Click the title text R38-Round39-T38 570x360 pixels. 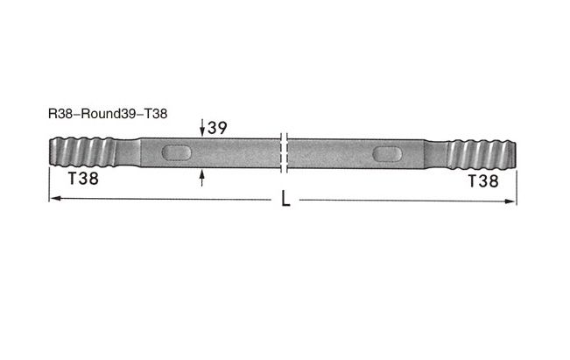108,114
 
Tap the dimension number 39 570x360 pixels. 217,128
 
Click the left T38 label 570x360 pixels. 83,179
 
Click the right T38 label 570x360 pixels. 483,181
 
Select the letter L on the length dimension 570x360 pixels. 285,199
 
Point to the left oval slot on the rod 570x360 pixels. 176,152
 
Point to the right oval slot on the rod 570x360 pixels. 387,154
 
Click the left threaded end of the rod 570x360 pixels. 82,152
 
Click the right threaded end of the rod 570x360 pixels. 482,154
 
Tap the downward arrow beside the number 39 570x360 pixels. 202,128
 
